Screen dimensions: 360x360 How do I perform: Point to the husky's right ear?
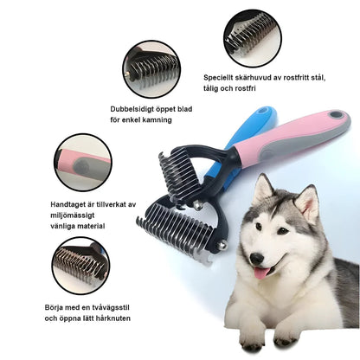point(307,202)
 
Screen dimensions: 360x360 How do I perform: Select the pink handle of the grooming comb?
point(298,138)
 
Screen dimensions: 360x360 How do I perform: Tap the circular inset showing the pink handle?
point(83,162)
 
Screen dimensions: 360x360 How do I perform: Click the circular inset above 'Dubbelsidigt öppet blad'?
point(151,69)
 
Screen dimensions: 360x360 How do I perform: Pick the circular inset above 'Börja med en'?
point(80,266)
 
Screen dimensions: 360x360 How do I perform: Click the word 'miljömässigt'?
point(76,214)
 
